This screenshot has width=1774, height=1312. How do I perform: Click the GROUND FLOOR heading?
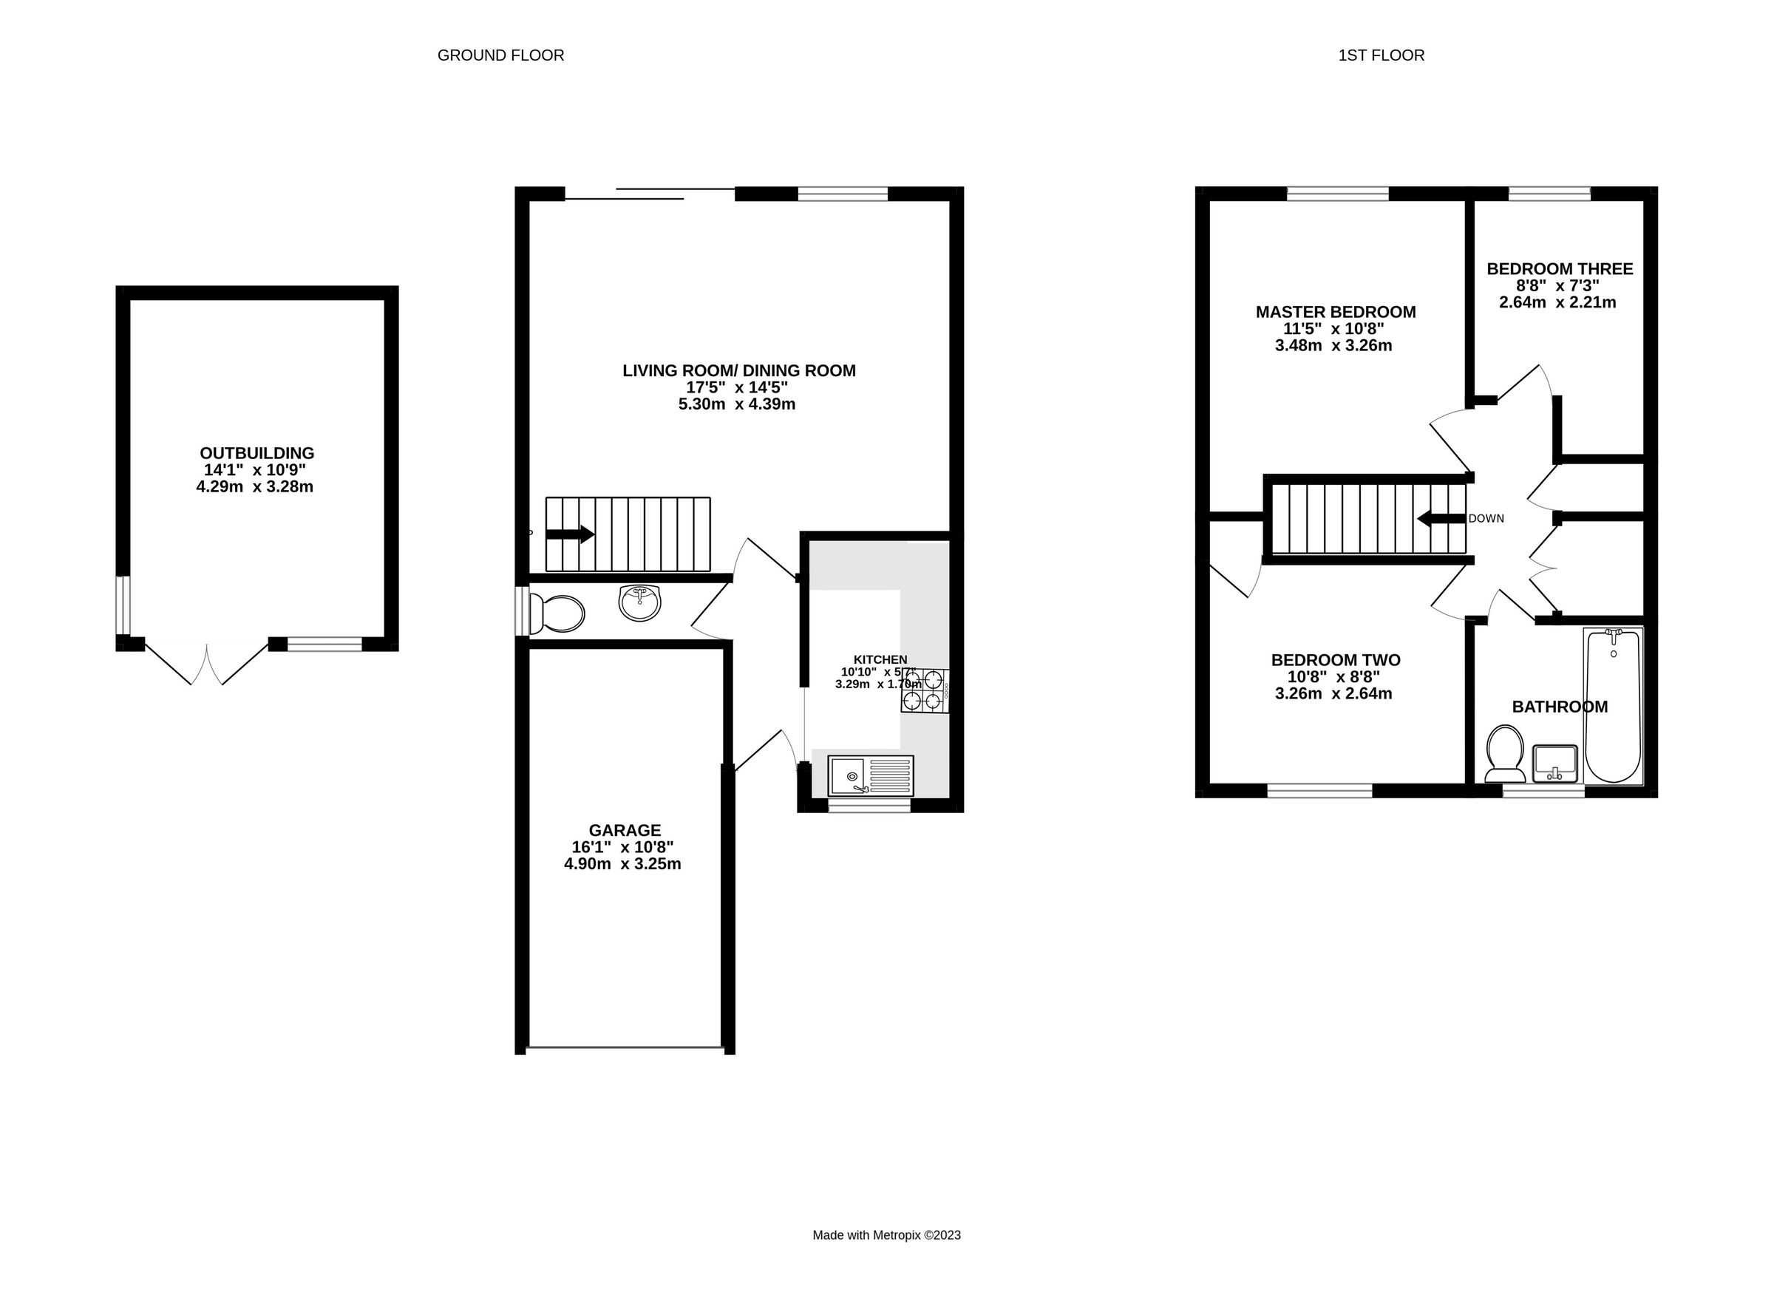(x=500, y=55)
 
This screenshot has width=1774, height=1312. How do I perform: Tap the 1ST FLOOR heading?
(x=1381, y=55)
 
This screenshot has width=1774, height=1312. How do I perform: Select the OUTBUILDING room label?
(x=256, y=454)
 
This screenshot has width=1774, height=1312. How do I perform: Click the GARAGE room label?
(x=624, y=831)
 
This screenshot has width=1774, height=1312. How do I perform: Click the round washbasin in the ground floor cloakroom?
(x=639, y=603)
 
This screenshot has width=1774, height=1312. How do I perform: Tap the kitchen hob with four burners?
(x=923, y=690)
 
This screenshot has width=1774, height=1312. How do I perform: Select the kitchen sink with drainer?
(x=870, y=776)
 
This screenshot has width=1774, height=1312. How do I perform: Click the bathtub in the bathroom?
(x=1613, y=706)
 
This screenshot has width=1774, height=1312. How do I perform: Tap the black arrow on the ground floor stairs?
(x=570, y=534)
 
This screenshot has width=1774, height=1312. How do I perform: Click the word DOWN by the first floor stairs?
(x=1486, y=519)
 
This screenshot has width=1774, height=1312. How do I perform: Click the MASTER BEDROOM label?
(x=1336, y=312)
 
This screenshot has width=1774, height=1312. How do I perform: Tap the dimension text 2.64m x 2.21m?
(x=1557, y=302)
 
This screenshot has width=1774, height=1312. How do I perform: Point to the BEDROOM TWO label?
(x=1336, y=660)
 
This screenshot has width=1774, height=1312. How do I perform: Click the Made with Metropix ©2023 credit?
(x=886, y=1235)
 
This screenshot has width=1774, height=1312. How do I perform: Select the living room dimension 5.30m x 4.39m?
(x=736, y=404)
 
